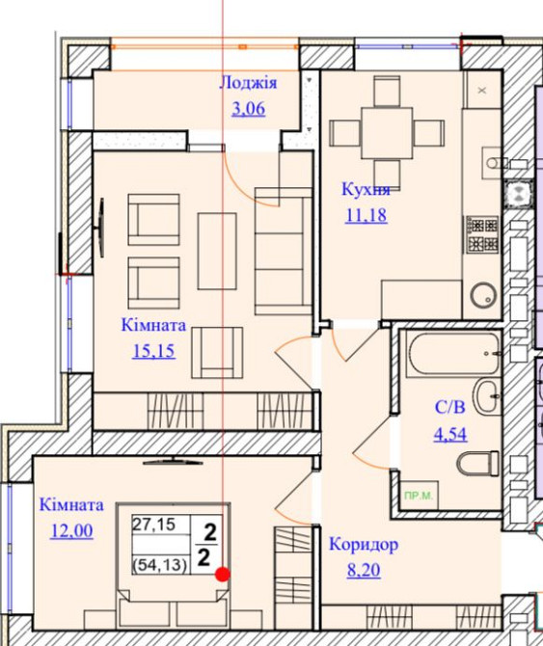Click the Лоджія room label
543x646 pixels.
click(248, 83)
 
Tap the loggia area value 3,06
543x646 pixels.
click(249, 109)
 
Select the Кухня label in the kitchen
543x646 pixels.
click(366, 190)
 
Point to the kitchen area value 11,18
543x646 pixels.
click(366, 215)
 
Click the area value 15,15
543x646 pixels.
click(153, 351)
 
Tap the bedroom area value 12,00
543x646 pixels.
click(71, 530)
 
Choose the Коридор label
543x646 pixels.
click(364, 545)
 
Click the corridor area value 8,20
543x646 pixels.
click(364, 570)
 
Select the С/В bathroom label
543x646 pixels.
click(449, 408)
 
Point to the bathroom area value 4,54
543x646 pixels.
click(450, 434)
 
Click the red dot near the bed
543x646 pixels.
click(223, 575)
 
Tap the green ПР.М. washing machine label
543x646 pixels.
click(419, 496)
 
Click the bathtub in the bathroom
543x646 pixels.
click(454, 354)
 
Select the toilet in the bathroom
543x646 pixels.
click(477, 463)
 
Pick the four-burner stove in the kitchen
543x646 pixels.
click(482, 234)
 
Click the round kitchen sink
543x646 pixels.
click(483, 295)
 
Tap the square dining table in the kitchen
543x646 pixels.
click(387, 133)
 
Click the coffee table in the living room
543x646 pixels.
click(217, 251)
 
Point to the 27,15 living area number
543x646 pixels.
click(153, 525)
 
